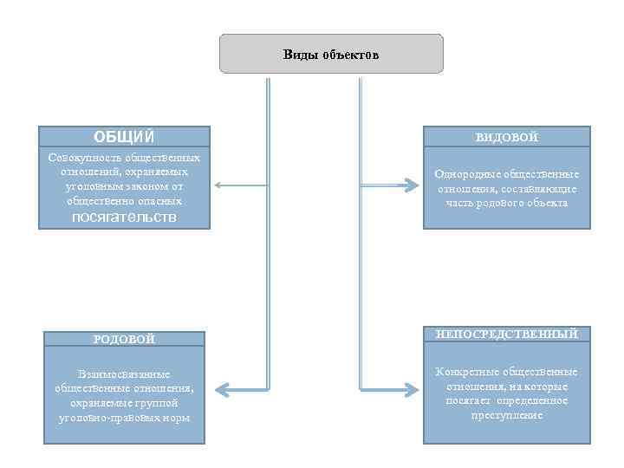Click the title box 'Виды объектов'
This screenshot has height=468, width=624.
[331, 54]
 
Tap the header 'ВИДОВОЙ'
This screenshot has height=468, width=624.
[506, 137]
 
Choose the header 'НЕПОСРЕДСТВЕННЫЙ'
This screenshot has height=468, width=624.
[507, 334]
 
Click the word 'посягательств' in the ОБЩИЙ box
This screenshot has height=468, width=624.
[123, 218]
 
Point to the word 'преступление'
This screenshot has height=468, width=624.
[507, 415]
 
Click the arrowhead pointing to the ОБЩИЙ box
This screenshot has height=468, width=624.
[218, 185]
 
